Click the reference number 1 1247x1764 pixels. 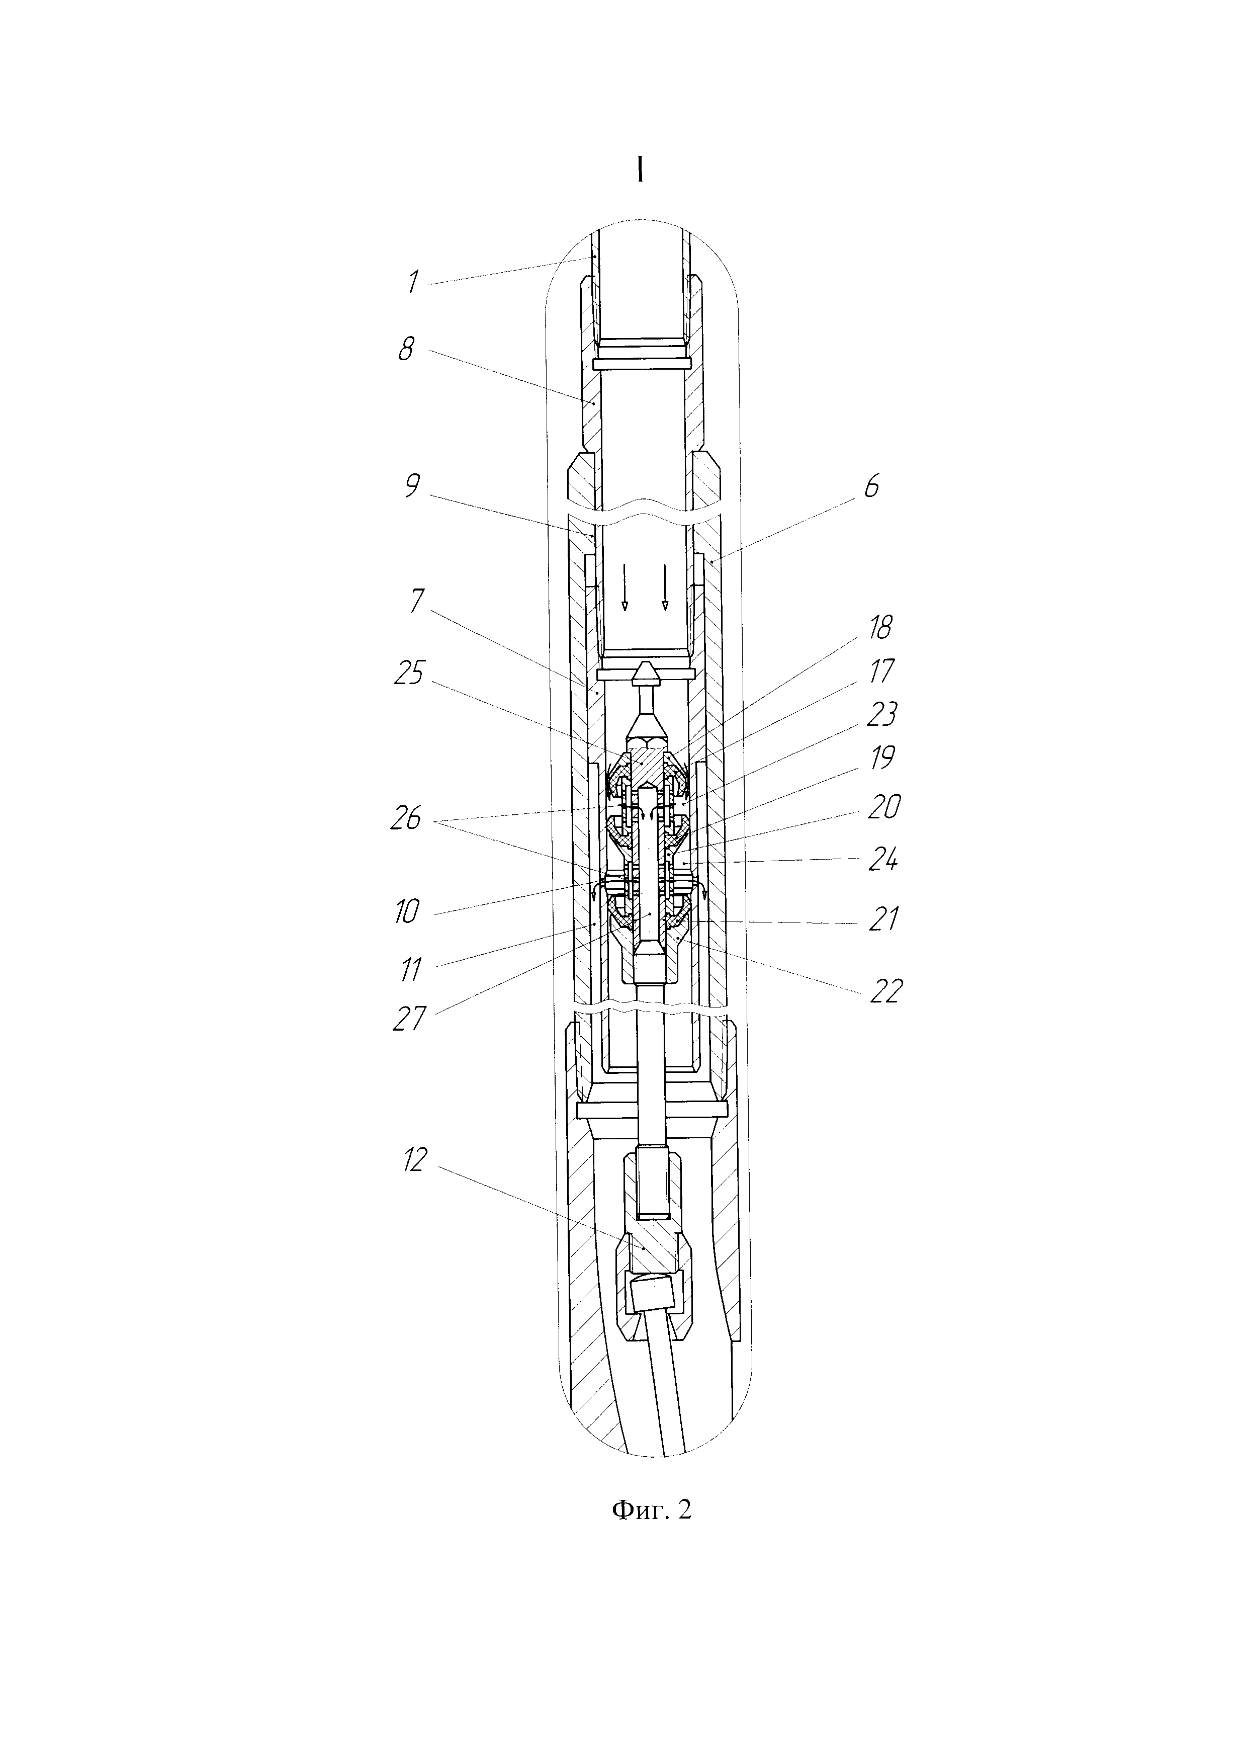pyautogui.click(x=413, y=282)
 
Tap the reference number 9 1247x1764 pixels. pyautogui.click(x=412, y=485)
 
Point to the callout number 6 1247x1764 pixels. pyautogui.click(x=871, y=486)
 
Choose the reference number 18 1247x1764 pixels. pyautogui.click(x=880, y=628)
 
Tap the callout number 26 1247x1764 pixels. pyautogui.click(x=406, y=819)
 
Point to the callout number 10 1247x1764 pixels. pyautogui.click(x=407, y=912)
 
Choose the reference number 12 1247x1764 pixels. pyautogui.click(x=413, y=1182)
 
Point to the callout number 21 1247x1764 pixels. pyautogui.click(x=883, y=919)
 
